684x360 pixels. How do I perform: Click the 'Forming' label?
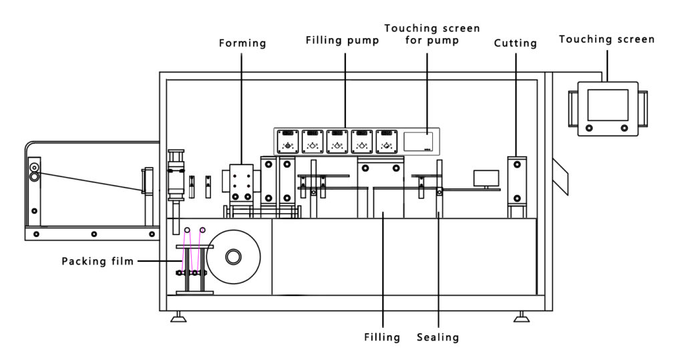242,43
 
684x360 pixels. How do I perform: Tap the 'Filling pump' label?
343,40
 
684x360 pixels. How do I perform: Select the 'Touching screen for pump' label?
432,34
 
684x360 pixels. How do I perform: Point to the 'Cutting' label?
516,43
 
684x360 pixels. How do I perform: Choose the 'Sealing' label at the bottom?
438,337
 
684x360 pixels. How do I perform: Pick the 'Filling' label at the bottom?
383,337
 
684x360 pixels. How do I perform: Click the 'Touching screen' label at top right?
607,39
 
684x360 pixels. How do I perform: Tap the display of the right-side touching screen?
607,105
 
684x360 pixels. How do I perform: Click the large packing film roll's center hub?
234,257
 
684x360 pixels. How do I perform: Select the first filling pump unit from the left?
288,141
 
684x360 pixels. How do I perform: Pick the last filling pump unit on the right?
387,141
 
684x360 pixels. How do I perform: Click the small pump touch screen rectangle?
418,141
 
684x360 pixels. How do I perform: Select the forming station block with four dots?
240,182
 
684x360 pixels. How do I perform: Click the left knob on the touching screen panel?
588,127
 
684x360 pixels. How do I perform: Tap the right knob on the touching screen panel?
625,127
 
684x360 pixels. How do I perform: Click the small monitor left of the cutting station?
486,178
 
